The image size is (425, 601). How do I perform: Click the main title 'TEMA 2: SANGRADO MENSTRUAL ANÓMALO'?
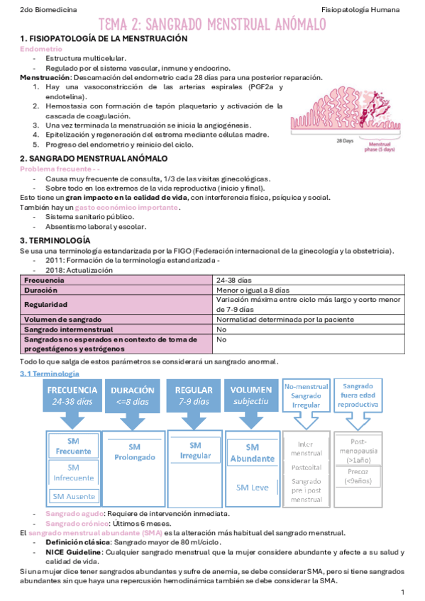coord(212,26)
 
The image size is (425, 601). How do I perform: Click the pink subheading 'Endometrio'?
coord(40,50)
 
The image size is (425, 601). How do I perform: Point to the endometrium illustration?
coord(349,114)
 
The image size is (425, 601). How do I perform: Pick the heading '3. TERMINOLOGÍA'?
coord(55,241)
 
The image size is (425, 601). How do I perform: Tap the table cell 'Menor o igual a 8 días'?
coord(253,291)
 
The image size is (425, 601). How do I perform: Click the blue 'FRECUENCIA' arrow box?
coord(72,395)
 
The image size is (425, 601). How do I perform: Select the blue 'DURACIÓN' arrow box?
coord(133,395)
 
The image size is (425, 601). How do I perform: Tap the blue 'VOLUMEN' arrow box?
coord(252,395)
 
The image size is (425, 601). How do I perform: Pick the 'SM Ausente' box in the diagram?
coord(73,495)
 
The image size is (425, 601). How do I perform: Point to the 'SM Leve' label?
coord(252,488)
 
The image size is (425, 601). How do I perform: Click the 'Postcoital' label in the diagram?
coord(306,468)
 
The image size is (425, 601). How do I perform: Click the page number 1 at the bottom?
coord(402,591)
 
